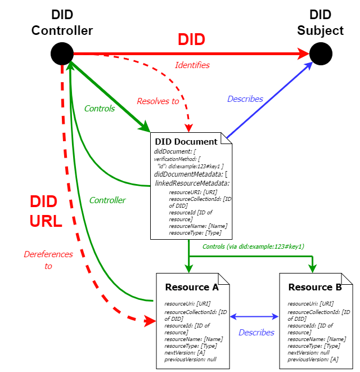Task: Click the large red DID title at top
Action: (191, 39)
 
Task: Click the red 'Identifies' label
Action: (192, 65)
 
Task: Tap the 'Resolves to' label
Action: (157, 101)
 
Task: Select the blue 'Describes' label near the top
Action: (245, 99)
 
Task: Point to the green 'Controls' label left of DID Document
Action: (100, 109)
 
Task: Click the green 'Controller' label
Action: (107, 200)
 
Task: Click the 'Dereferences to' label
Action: (48, 260)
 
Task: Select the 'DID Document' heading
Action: (186, 142)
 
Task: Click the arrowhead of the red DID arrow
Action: (304, 54)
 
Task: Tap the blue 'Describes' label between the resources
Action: (256, 333)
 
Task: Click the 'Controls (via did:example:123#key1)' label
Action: (253, 246)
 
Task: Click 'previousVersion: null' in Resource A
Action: (190, 359)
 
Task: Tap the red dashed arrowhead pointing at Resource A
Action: (150, 321)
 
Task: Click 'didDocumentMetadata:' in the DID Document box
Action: (188, 174)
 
